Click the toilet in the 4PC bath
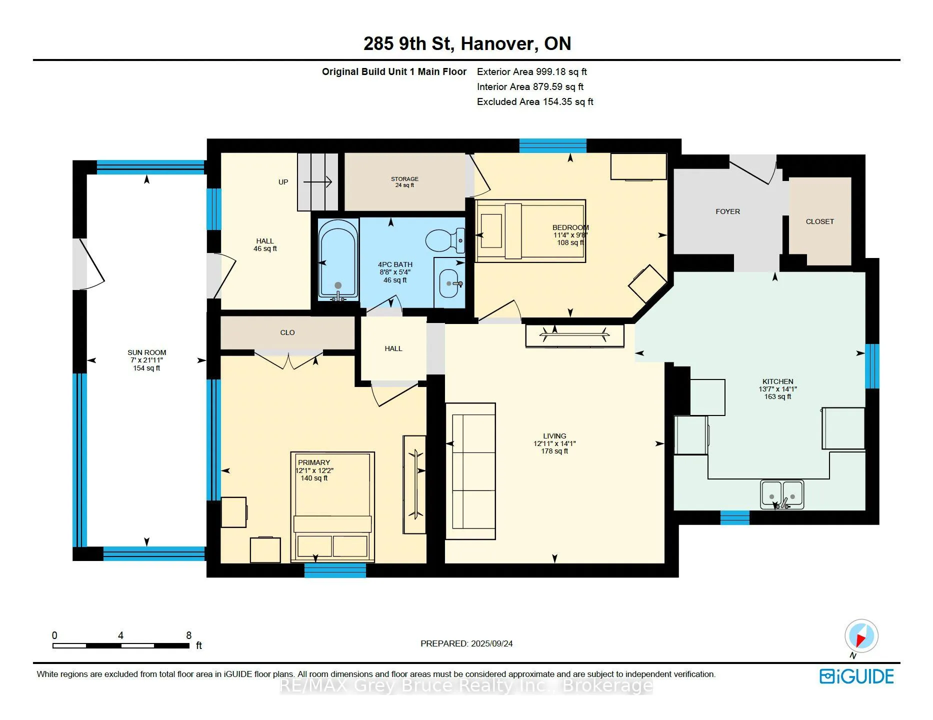coord(445,240)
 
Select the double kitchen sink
coord(782,494)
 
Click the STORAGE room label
coord(404,179)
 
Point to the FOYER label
coord(727,211)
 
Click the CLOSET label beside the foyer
coord(819,221)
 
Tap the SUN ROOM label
coord(146,352)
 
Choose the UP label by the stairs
coord(283,182)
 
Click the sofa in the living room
coord(470,471)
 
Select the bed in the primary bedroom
coord(332,507)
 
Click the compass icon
coord(861,636)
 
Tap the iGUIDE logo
coord(856,676)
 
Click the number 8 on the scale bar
coord(188,635)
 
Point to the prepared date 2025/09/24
coord(491,643)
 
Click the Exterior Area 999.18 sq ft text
coord(532,71)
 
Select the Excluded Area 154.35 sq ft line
coord(535,101)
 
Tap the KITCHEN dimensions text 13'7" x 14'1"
coord(777,389)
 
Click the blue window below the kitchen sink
coord(735,517)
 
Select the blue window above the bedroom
coord(552,145)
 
